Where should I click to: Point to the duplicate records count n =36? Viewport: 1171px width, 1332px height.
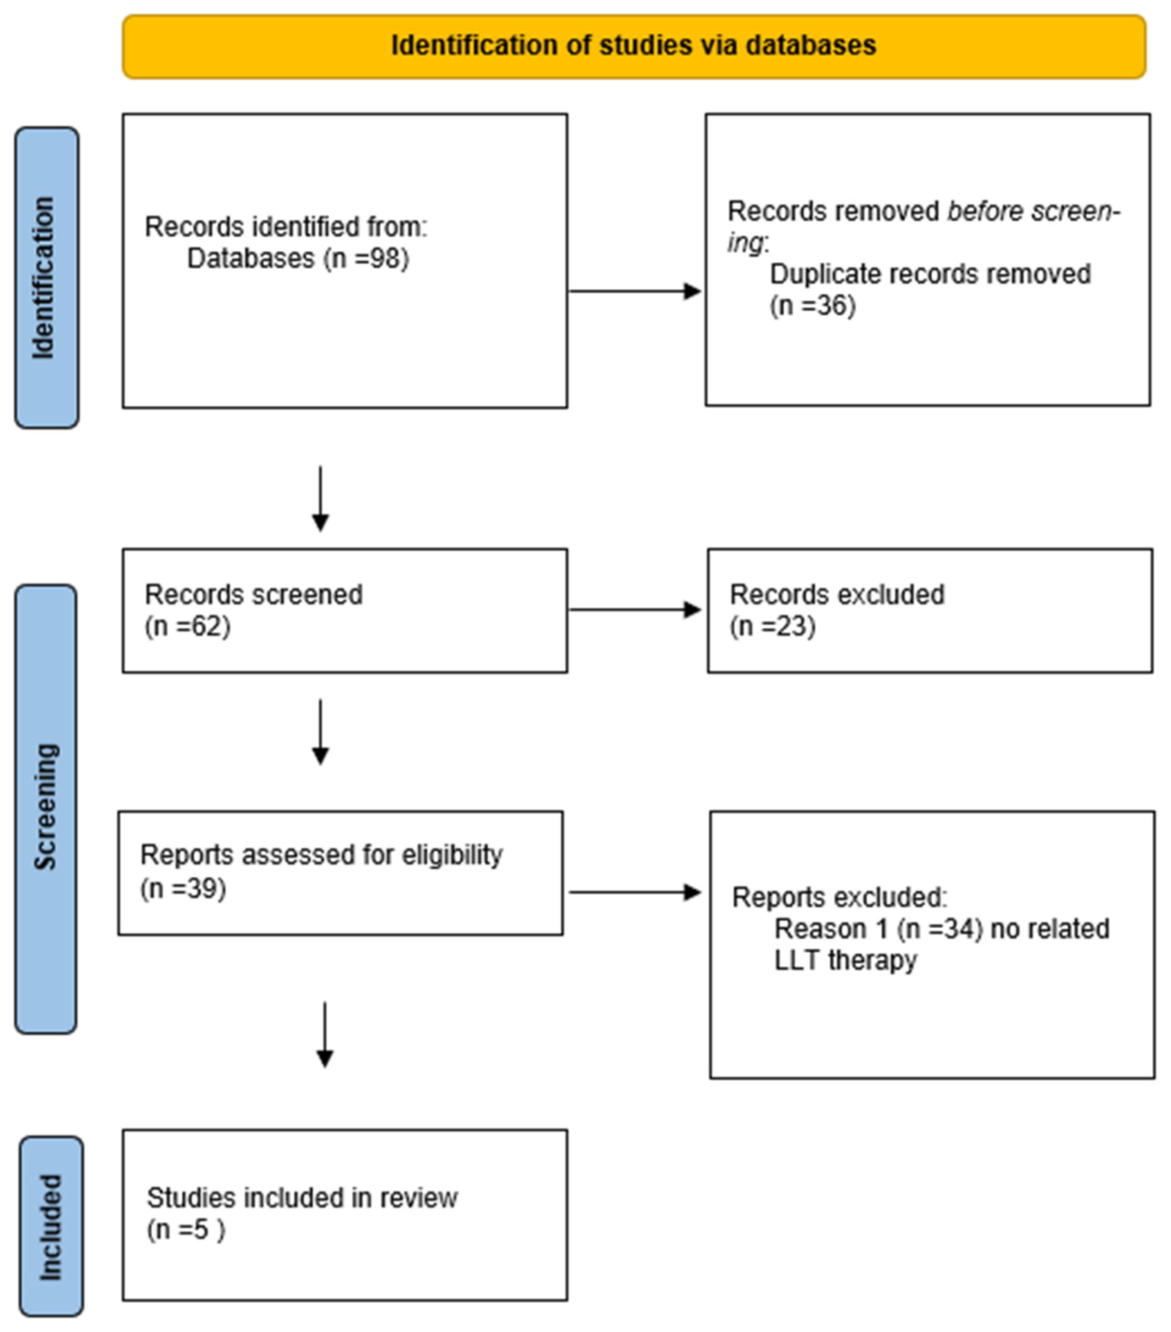pyautogui.click(x=812, y=306)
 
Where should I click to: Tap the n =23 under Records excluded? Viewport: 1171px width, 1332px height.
pyautogui.click(x=773, y=626)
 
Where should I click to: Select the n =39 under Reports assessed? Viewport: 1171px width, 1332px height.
pyautogui.click(x=184, y=888)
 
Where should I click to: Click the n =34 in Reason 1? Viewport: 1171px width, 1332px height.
pyautogui.click(x=940, y=929)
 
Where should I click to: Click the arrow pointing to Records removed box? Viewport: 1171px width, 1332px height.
pyautogui.click(x=635, y=291)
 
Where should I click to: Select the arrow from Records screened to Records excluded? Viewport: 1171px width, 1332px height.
pyautogui.click(x=635, y=610)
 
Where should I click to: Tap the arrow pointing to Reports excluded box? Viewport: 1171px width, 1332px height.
pyautogui.click(x=635, y=892)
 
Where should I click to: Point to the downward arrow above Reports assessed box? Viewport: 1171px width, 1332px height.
pyautogui.click(x=320, y=732)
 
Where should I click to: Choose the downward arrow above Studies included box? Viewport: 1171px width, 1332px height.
pyautogui.click(x=325, y=1034)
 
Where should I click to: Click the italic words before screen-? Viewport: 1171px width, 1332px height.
pyautogui.click(x=1033, y=211)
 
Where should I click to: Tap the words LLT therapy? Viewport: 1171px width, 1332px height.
pyautogui.click(x=845, y=960)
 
